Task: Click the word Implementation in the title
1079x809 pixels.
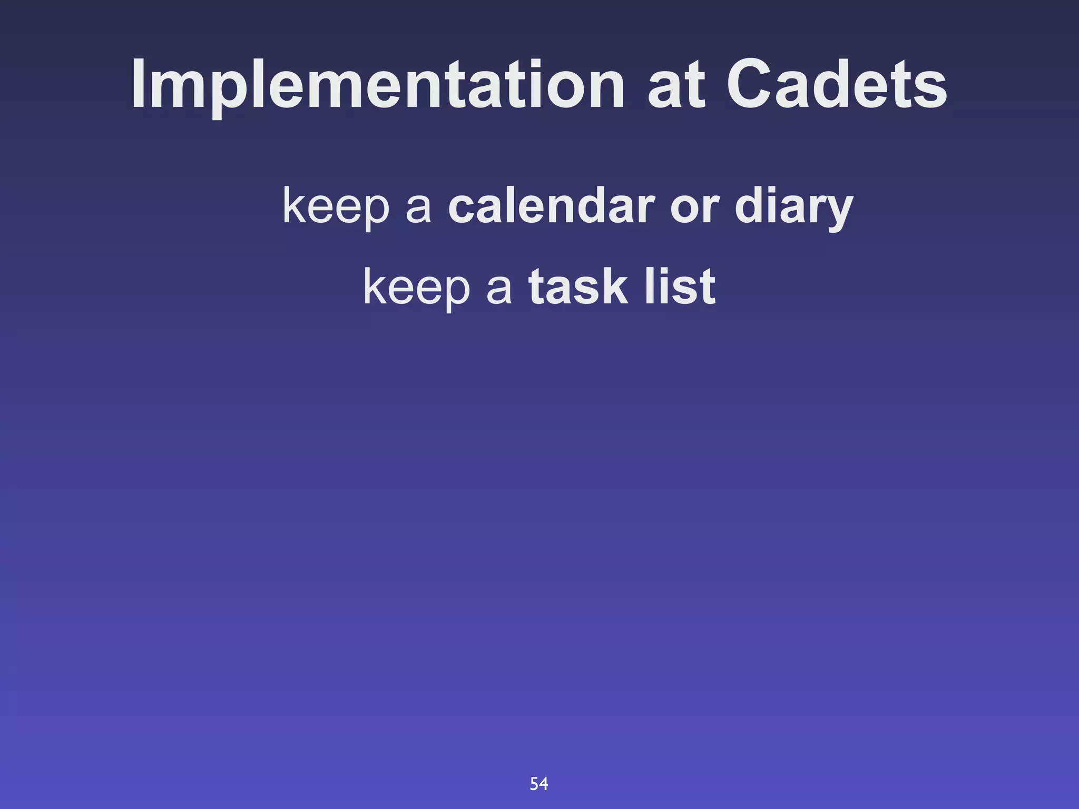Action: point(377,85)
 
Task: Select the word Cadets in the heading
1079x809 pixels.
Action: point(837,85)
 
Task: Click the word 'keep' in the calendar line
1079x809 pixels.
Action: point(336,206)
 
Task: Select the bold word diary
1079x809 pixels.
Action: point(794,206)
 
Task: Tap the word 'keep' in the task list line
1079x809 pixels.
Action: point(416,288)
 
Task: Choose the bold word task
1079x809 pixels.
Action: point(578,288)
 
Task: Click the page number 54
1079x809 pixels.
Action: point(539,784)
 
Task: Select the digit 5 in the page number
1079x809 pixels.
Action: point(534,784)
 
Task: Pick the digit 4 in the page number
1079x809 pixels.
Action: point(544,784)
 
